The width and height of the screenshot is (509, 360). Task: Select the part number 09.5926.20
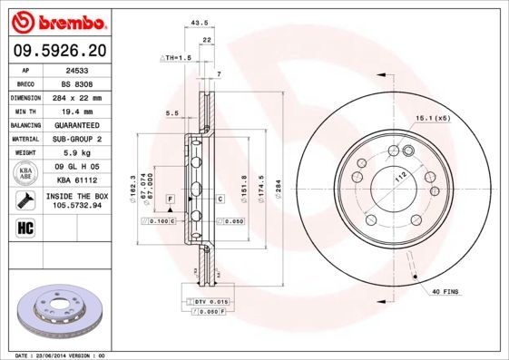[x=57, y=51]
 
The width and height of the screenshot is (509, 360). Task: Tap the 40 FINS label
[x=446, y=291]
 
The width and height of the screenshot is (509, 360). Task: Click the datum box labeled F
[x=169, y=198]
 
